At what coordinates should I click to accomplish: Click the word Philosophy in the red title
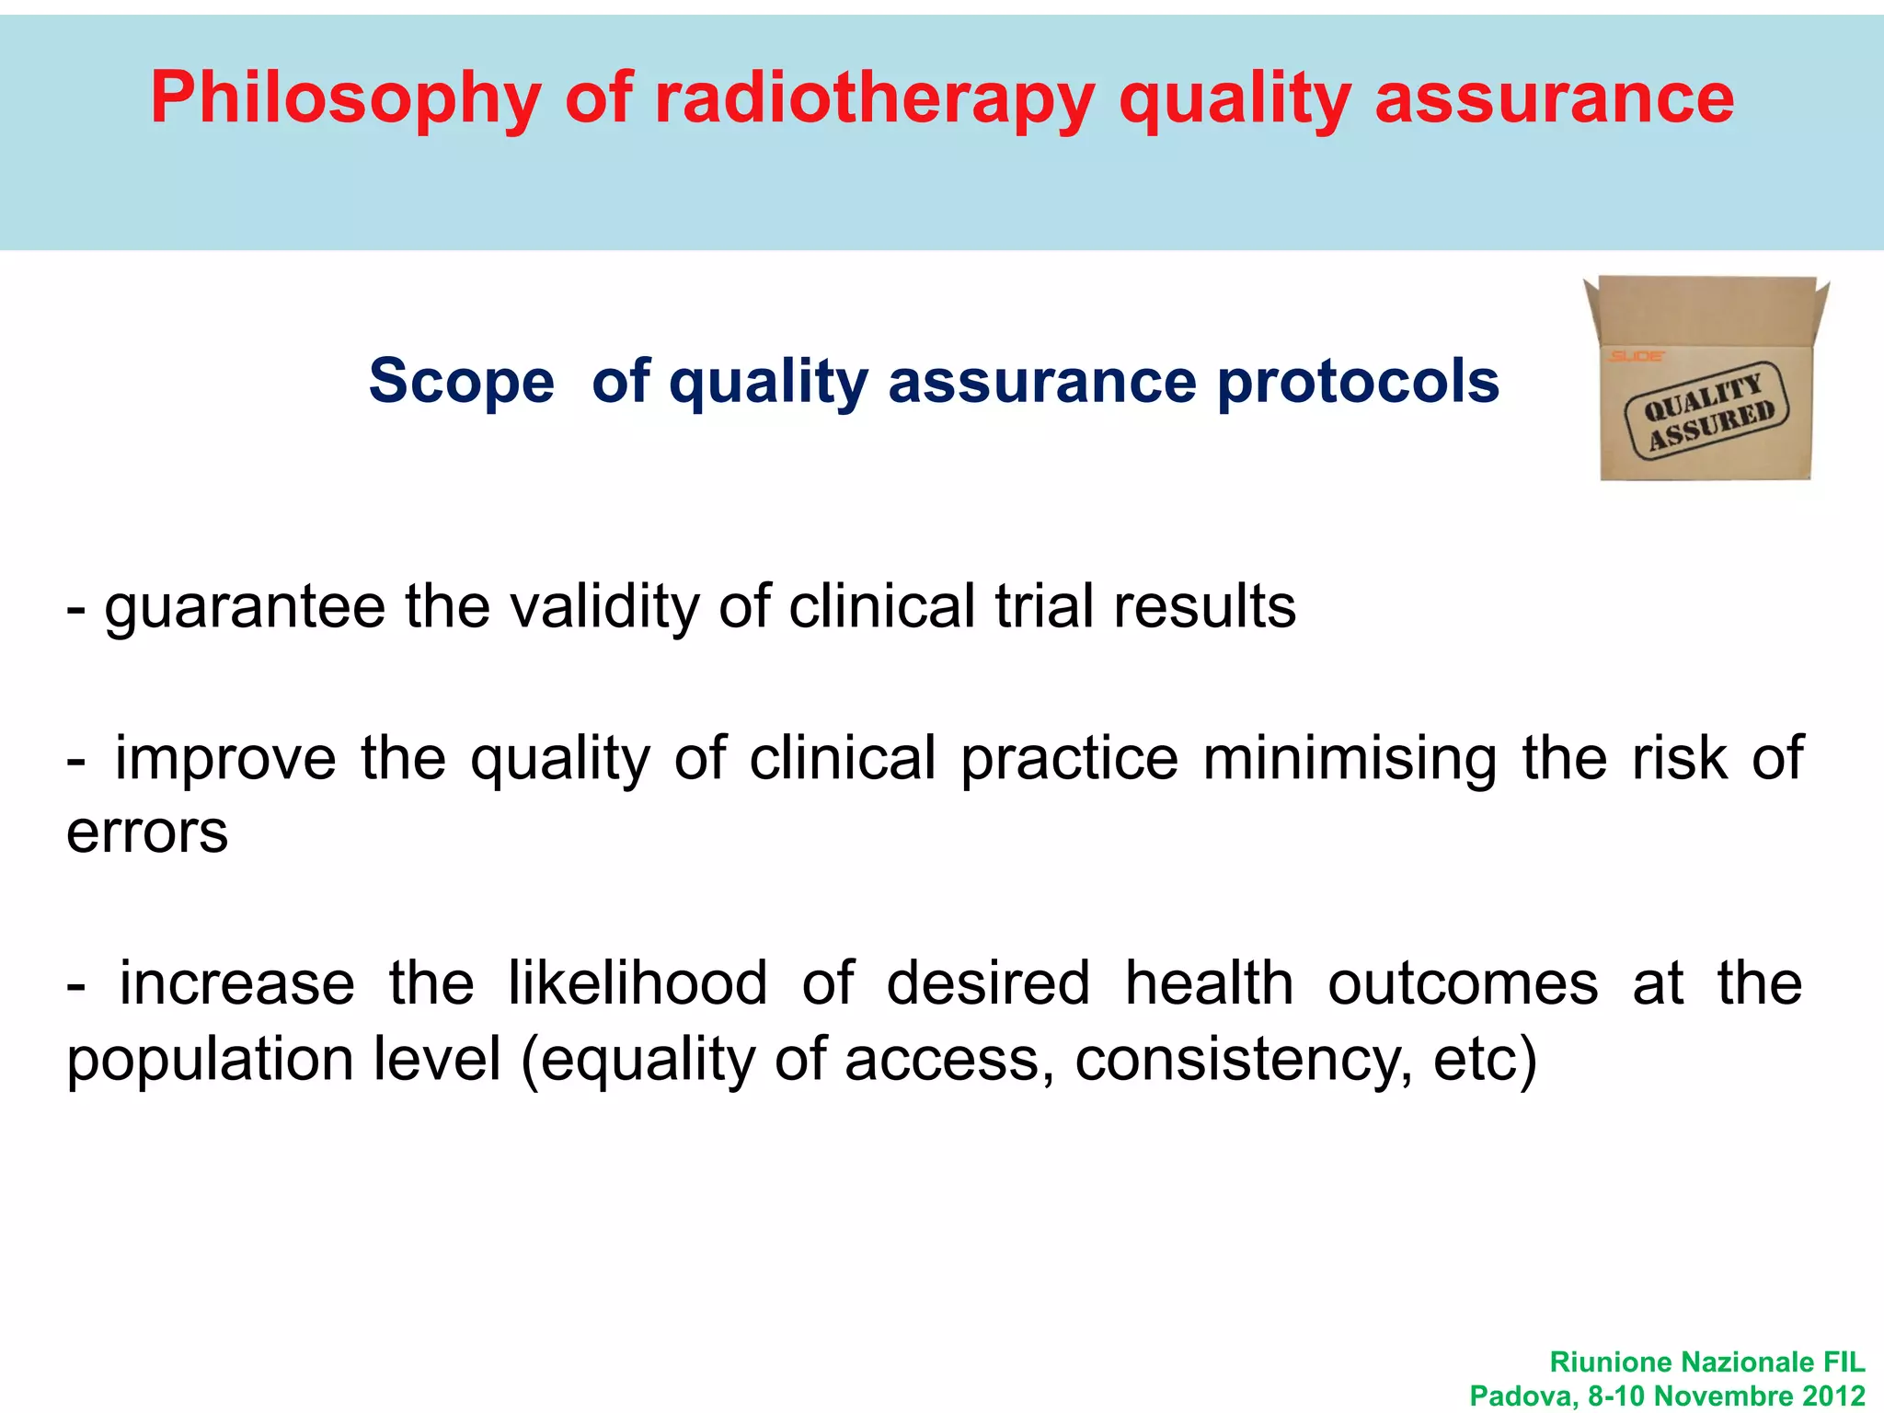(x=345, y=98)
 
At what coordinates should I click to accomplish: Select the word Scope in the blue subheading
(x=462, y=381)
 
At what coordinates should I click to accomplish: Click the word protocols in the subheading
(x=1358, y=381)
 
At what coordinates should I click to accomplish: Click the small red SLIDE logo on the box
(x=1636, y=356)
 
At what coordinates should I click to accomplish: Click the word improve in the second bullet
(x=225, y=758)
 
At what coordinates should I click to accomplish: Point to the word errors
(x=147, y=833)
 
